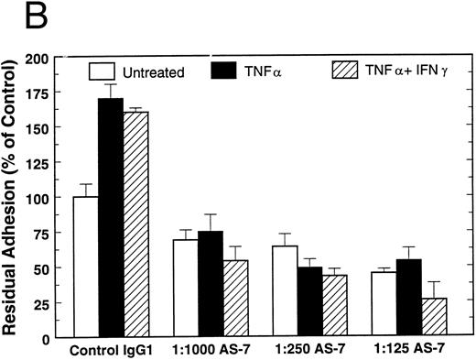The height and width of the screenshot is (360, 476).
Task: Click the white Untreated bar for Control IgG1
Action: [86, 267]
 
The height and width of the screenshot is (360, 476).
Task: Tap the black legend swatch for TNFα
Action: [224, 69]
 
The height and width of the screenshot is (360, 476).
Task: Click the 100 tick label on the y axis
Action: [46, 198]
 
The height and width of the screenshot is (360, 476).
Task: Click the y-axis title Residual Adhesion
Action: [15, 197]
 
